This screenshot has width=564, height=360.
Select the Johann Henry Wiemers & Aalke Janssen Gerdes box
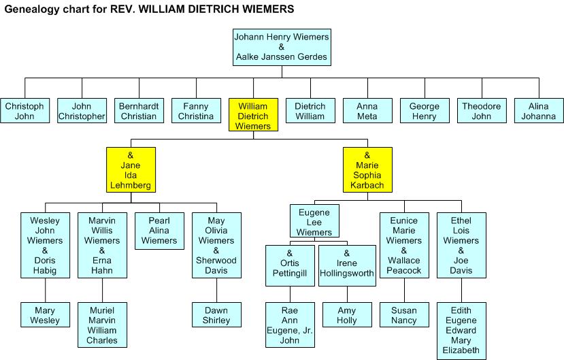tap(281, 47)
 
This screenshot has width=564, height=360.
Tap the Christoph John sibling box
tap(24, 111)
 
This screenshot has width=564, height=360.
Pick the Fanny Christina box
tap(196, 111)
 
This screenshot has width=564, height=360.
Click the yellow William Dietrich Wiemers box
tap(253, 116)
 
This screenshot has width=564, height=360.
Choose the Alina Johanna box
tap(538, 111)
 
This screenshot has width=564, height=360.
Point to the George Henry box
tap(424, 111)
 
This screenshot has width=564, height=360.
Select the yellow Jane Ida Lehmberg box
tap(131, 170)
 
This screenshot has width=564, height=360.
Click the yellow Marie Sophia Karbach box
tap(367, 170)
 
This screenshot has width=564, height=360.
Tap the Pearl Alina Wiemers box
tap(159, 230)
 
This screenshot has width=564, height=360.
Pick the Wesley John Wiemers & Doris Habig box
tap(45, 245)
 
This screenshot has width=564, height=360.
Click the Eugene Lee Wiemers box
tap(314, 222)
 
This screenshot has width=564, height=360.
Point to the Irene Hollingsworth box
tap(346, 265)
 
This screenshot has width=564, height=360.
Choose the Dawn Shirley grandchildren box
tap(216, 315)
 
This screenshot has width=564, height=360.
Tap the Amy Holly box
tap(346, 315)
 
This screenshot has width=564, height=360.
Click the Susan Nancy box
tap(403, 315)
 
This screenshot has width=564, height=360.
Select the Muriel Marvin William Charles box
tap(102, 325)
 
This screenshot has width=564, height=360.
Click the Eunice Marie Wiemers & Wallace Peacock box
tap(404, 245)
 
